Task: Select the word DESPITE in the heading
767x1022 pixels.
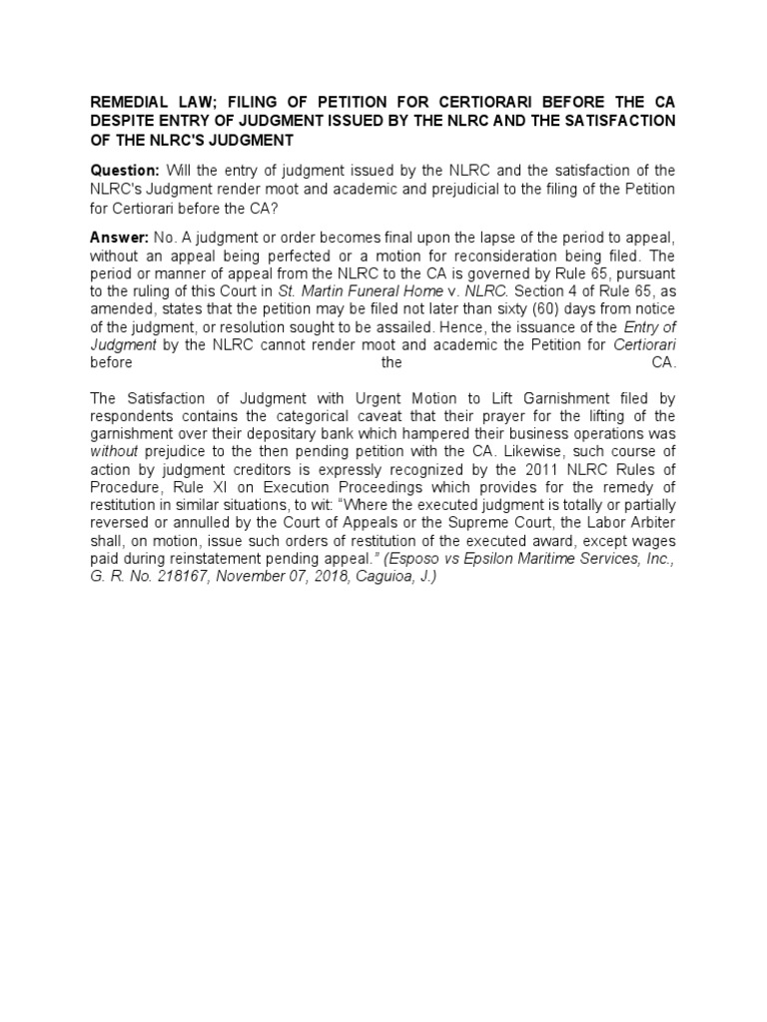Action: click(x=126, y=120)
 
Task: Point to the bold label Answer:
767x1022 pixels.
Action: click(x=119, y=238)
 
